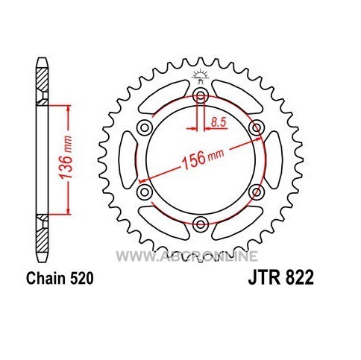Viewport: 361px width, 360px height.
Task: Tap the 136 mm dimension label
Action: click(x=66, y=157)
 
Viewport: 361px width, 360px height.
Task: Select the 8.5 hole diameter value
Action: click(x=219, y=122)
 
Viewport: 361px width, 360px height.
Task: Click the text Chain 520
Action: click(x=60, y=278)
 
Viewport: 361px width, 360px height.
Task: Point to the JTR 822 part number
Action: click(x=281, y=277)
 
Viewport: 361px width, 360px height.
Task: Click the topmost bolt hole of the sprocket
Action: click(x=201, y=95)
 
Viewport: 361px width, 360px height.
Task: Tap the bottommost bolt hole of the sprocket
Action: click(x=201, y=224)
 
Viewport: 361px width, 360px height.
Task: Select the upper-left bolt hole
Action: click(x=145, y=128)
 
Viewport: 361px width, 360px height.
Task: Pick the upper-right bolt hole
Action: click(x=257, y=128)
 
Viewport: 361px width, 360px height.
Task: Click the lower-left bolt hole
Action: click(x=145, y=192)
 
